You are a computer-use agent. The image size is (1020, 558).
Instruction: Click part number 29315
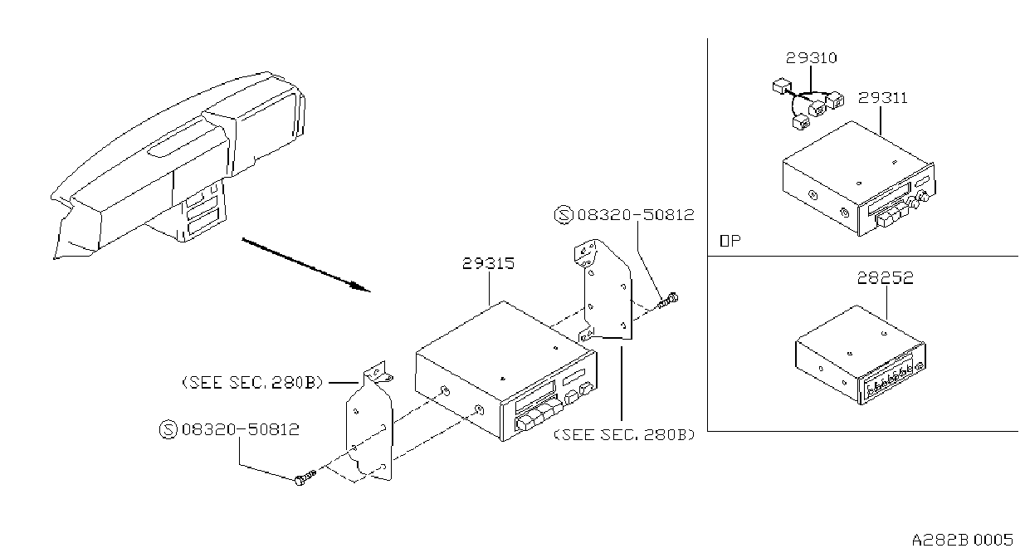pyautogui.click(x=488, y=263)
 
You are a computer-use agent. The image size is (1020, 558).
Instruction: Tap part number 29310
pyautogui.click(x=811, y=58)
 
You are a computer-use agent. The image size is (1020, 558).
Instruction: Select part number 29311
pyautogui.click(x=882, y=98)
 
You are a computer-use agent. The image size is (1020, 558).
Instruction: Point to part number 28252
pyautogui.click(x=886, y=278)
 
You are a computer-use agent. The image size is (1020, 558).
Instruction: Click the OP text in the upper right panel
pyautogui.click(x=730, y=241)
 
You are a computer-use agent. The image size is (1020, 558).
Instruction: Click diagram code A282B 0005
pyautogui.click(x=962, y=541)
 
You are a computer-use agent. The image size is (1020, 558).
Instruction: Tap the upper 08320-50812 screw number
pyautogui.click(x=636, y=214)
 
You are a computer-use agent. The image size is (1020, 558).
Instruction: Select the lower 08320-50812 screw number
pyautogui.click(x=241, y=429)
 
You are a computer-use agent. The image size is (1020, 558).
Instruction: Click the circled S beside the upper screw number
pyautogui.click(x=564, y=214)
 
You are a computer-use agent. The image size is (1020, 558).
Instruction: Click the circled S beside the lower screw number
pyautogui.click(x=168, y=429)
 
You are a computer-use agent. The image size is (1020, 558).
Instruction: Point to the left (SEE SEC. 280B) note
pyautogui.click(x=253, y=383)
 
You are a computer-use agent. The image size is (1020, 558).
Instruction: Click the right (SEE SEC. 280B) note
pyautogui.click(x=624, y=435)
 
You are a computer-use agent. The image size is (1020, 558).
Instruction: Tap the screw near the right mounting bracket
pyautogui.click(x=667, y=301)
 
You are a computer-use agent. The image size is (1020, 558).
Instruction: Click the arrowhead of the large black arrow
pyautogui.click(x=362, y=287)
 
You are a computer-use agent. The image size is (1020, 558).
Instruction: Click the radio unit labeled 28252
pyautogui.click(x=860, y=355)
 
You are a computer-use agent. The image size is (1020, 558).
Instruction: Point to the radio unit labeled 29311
pyautogui.click(x=859, y=179)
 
